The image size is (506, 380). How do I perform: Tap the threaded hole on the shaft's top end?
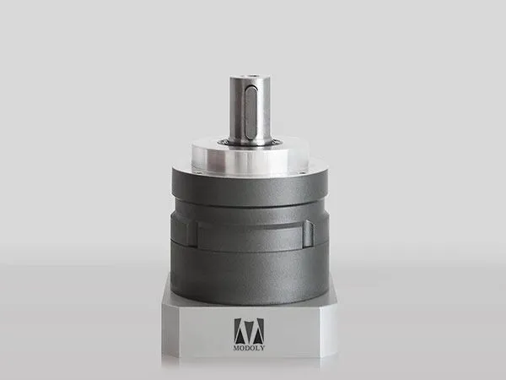pyautogui.click(x=250, y=77)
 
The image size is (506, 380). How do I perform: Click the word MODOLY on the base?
pyautogui.click(x=249, y=348)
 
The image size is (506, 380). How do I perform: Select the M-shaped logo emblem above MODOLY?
pyautogui.click(x=249, y=332)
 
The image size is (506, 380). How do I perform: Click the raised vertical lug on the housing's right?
pyautogui.click(x=308, y=234)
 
